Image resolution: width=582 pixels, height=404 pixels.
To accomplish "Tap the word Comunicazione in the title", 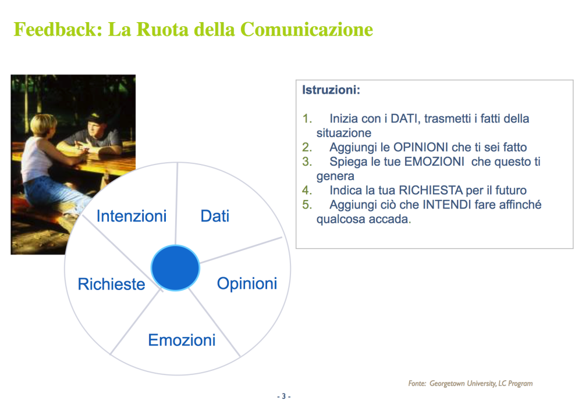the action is [x=307, y=29].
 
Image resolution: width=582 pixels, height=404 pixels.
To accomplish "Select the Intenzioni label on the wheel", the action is [x=132, y=216].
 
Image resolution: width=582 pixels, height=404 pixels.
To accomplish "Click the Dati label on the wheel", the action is [x=215, y=216].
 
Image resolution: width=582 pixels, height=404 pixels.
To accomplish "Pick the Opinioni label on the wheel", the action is [x=247, y=284].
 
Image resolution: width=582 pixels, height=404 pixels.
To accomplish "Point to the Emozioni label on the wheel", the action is [x=182, y=340].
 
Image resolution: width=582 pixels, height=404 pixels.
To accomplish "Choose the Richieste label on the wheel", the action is [x=111, y=284].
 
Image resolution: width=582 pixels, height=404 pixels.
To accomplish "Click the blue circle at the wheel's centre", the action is [x=175, y=267].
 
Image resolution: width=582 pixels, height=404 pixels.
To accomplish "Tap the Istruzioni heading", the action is [x=331, y=90].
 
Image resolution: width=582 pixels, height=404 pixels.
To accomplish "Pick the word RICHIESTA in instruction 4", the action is [x=431, y=190].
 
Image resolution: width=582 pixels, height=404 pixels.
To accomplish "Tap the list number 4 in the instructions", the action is [x=307, y=190].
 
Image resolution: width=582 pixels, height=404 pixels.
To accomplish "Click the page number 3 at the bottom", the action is [x=283, y=396].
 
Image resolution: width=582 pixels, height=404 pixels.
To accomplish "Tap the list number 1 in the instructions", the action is [x=307, y=119].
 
